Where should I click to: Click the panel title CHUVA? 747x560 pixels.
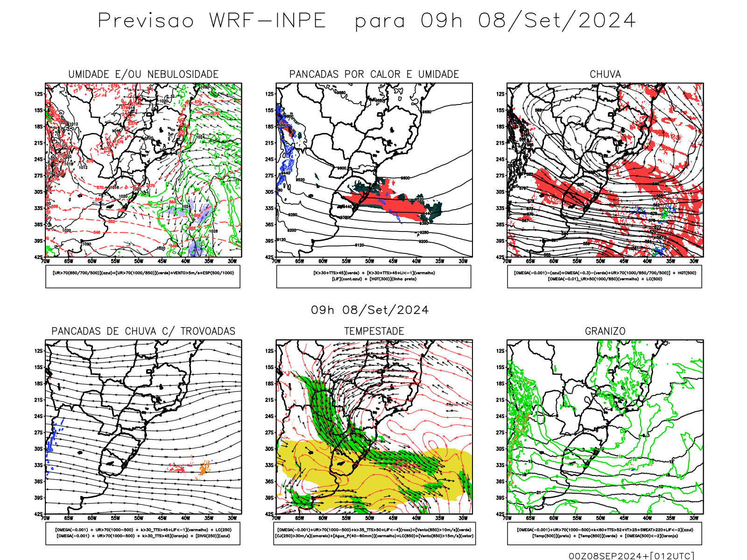[x=605, y=74]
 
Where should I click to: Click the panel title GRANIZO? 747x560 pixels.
[x=605, y=331]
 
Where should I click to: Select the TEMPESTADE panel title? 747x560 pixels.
[x=374, y=331]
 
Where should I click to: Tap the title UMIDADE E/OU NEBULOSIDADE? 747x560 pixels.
[x=143, y=74]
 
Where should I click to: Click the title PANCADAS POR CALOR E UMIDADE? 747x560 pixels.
[x=374, y=74]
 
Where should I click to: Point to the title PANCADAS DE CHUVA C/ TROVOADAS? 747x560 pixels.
[x=143, y=331]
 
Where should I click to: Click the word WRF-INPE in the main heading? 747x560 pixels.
[x=268, y=21]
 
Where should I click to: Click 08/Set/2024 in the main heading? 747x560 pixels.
[x=557, y=21]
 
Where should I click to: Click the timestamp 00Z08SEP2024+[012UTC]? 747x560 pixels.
[x=631, y=555]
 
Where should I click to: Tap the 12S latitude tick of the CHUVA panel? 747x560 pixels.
[x=500, y=94]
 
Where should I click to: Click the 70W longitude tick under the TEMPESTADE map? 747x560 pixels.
[x=276, y=518]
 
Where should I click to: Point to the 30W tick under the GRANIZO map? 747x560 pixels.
[x=694, y=518]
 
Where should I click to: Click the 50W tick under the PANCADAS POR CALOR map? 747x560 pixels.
[x=370, y=261]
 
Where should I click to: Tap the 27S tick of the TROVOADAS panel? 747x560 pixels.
[x=38, y=432]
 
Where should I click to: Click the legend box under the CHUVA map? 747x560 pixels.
[x=605, y=276]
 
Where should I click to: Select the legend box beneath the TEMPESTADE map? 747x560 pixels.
[x=374, y=533]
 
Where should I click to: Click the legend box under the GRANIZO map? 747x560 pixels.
[x=605, y=533]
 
